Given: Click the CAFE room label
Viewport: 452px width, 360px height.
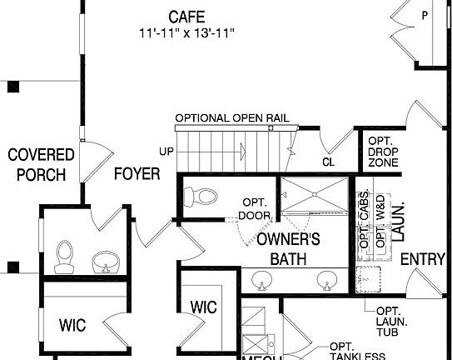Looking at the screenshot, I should (x=186, y=16).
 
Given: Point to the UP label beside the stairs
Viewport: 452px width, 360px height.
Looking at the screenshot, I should (x=166, y=151).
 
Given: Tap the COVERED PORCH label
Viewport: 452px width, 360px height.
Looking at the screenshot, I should (x=41, y=165).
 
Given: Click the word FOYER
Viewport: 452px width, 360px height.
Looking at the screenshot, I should (x=137, y=174).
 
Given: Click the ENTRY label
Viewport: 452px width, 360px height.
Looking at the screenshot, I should (x=423, y=259).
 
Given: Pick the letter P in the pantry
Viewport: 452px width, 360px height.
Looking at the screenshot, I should (x=425, y=14).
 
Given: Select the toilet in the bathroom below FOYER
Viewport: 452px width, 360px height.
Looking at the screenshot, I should (x=62, y=257).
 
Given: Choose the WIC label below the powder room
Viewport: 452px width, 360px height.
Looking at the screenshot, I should (x=72, y=323).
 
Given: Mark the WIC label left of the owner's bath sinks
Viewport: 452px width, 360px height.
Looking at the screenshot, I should (x=204, y=307).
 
